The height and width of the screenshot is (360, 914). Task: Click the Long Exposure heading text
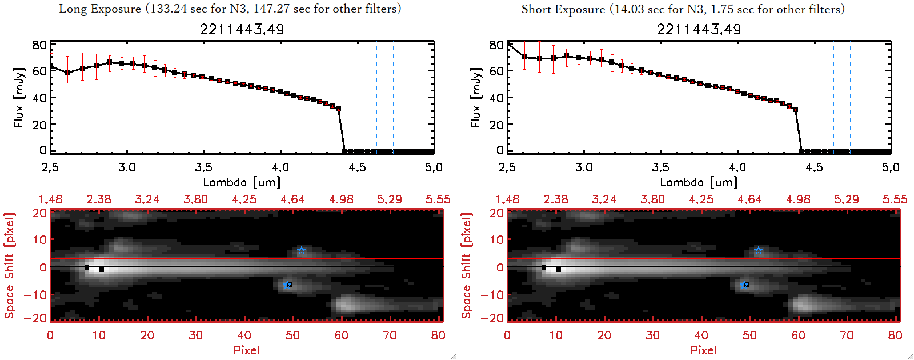click(230, 9)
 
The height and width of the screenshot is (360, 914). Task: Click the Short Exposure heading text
click(683, 9)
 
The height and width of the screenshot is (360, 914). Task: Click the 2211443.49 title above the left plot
click(242, 29)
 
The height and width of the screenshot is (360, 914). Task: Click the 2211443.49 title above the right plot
click(699, 29)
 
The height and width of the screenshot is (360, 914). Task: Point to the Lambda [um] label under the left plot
click(242, 182)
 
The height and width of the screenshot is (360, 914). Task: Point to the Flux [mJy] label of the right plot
click(475, 97)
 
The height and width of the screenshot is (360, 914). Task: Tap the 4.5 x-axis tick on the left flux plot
click(357, 167)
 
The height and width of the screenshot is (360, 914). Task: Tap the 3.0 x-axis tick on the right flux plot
click(584, 167)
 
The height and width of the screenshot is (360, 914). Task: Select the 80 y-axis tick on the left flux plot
click(39, 45)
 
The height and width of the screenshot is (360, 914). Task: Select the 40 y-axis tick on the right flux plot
click(496, 98)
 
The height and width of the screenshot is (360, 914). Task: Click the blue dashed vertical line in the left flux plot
click(393, 97)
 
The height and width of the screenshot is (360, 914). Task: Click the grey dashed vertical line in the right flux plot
click(833, 97)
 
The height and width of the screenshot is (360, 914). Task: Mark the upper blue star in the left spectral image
click(302, 251)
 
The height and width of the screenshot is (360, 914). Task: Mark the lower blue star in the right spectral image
click(745, 285)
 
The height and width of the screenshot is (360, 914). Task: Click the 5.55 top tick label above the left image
click(438, 199)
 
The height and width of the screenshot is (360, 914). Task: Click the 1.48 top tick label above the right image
click(507, 199)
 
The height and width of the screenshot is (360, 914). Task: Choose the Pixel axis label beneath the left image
click(246, 350)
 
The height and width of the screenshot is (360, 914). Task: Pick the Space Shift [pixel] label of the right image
click(467, 266)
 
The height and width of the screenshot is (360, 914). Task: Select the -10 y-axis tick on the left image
click(35, 295)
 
